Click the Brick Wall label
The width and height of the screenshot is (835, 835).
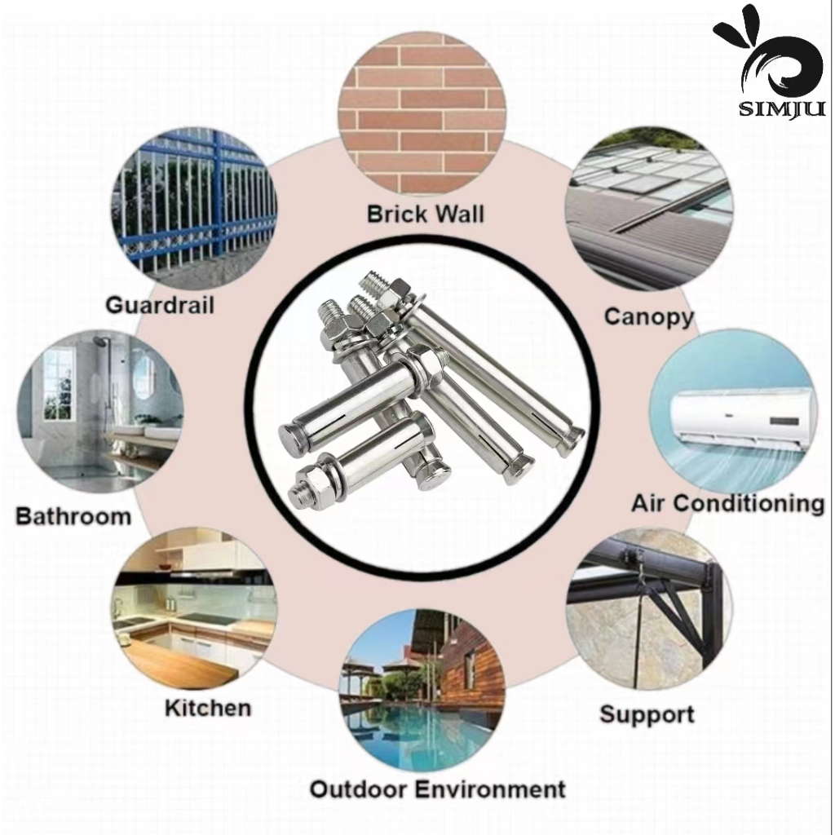click(425, 214)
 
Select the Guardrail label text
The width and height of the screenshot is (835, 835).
click(160, 306)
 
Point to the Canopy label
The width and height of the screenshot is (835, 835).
click(648, 316)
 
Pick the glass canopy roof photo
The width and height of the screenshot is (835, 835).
click(647, 207)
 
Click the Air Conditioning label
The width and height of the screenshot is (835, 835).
click(727, 503)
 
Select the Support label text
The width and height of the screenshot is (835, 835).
click(647, 714)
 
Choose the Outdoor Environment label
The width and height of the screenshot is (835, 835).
click(437, 789)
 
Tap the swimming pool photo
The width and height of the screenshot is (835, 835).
click(422, 692)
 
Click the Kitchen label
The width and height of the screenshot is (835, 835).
click(208, 707)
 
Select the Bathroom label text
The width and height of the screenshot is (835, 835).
click(73, 516)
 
